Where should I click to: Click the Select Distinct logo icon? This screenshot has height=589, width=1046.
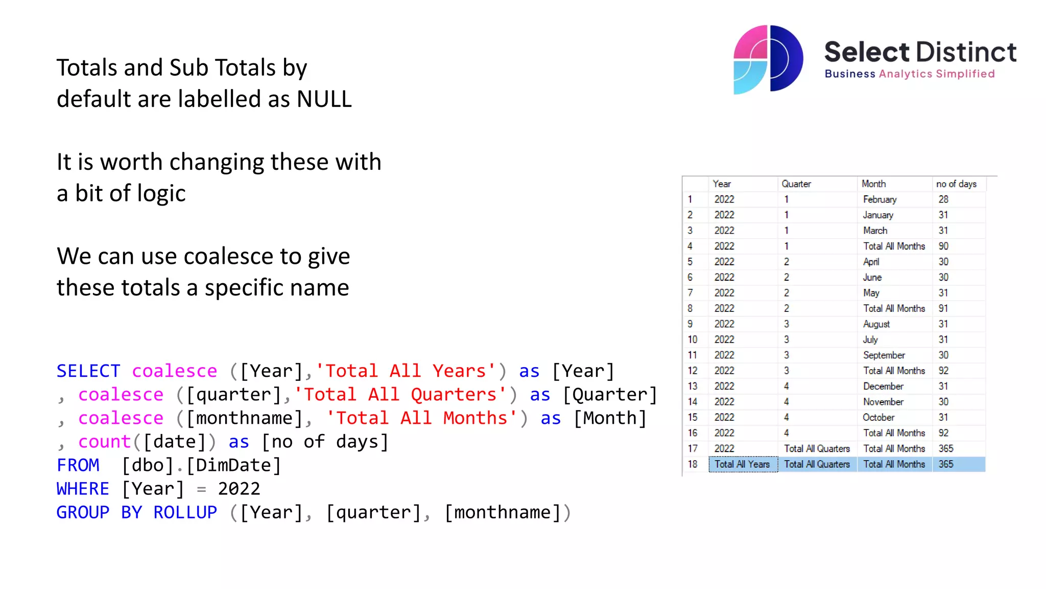coord(768,59)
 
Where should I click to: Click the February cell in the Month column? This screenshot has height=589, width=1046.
coord(879,199)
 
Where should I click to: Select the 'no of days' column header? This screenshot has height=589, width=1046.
coord(956,184)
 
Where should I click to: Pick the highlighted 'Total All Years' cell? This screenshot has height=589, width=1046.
coord(742,464)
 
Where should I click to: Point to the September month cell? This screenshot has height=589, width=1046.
coord(884,355)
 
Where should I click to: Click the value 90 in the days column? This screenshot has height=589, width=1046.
coord(943,246)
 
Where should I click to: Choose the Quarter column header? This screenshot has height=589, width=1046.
coord(796,184)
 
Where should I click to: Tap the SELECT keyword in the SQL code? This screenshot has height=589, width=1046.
coord(88,371)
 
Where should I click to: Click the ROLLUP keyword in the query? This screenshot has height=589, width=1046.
coord(185,512)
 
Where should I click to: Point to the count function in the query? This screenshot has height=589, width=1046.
coord(105,442)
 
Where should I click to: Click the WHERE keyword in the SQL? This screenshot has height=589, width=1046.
coord(83,489)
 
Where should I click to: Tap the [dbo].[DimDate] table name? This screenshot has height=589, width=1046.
coord(201,465)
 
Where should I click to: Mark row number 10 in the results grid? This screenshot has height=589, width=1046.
coord(692,339)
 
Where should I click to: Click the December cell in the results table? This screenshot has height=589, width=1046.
coord(883,387)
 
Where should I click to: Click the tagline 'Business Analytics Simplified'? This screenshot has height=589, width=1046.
coord(909,74)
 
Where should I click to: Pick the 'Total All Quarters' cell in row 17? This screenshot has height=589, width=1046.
coord(817,449)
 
